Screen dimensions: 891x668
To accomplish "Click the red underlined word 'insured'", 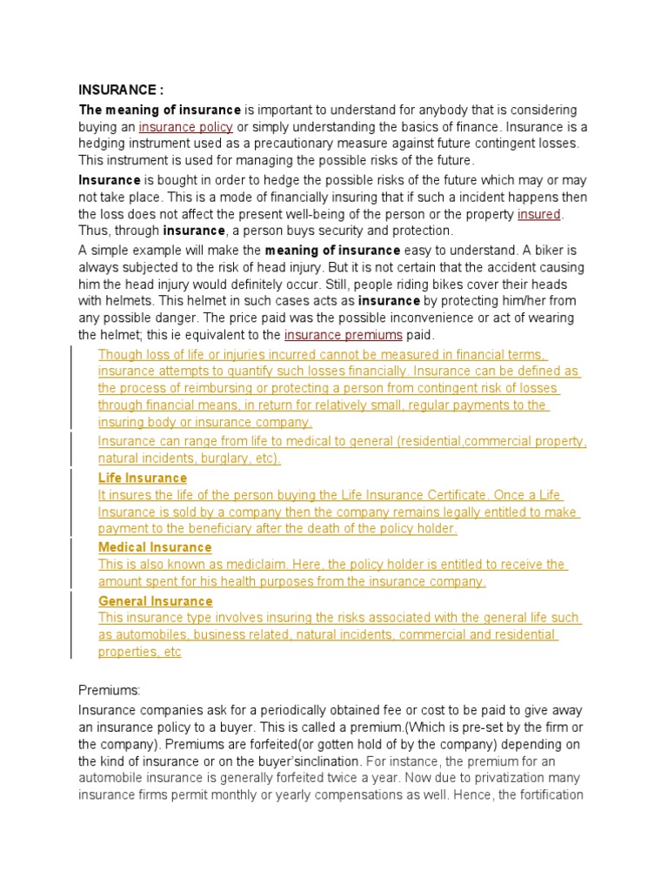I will click(x=540, y=214).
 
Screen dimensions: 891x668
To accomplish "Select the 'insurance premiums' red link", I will click(x=344, y=335).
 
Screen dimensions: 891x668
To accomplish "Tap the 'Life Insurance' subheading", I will click(x=142, y=478).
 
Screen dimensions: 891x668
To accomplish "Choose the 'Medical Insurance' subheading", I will click(x=155, y=547).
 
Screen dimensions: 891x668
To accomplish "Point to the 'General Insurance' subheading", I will click(x=155, y=601).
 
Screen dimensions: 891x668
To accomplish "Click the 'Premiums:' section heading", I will click(x=109, y=690).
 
